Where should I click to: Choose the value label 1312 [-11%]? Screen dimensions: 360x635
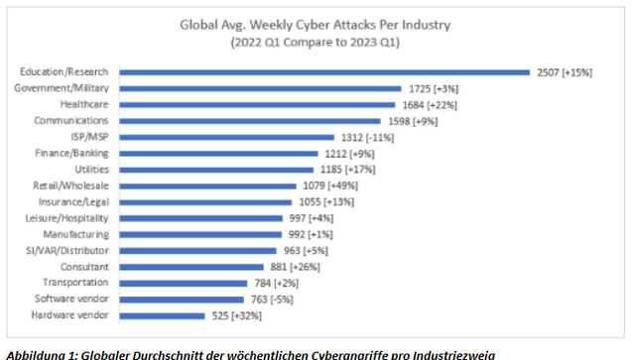[x=366, y=137]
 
